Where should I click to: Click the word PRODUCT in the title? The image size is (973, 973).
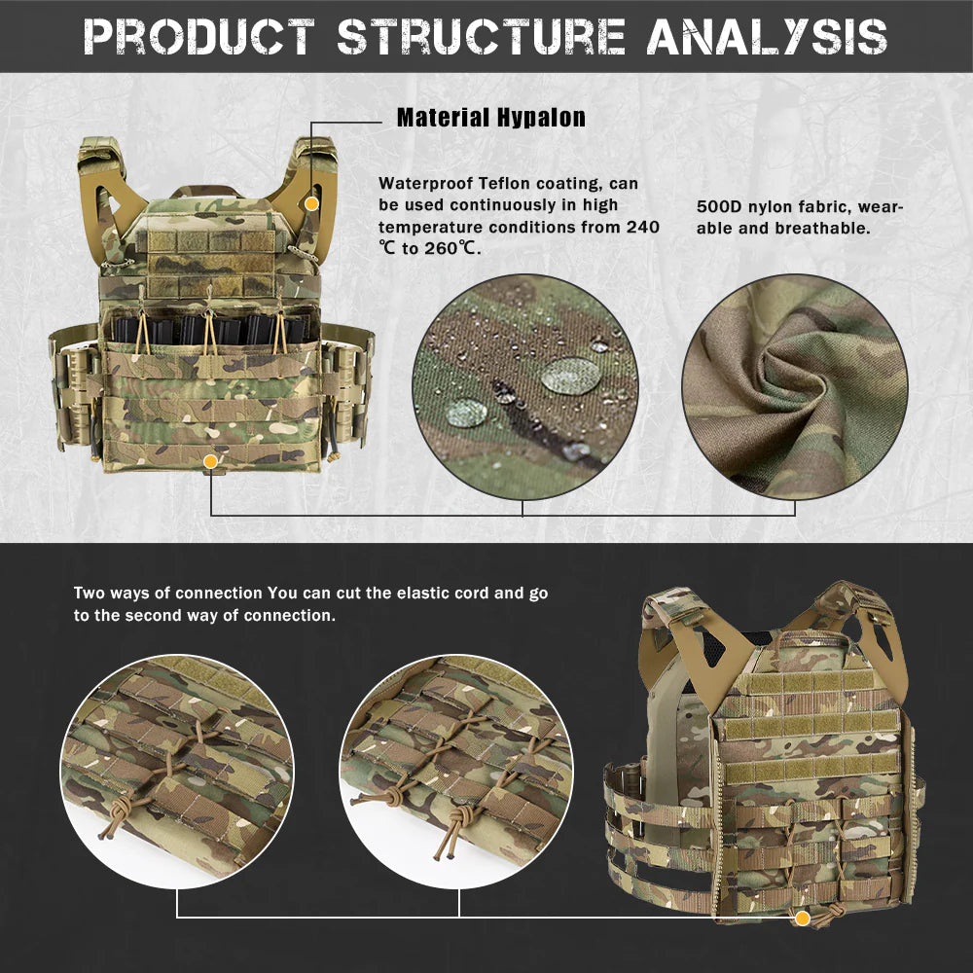[x=200, y=37]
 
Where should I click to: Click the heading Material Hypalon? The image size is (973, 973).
[x=491, y=119]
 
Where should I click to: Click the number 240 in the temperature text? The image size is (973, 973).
[x=642, y=227]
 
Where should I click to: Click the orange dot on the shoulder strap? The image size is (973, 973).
[x=311, y=203]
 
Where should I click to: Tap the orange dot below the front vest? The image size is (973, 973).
[x=212, y=461]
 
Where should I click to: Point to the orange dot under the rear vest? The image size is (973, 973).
[x=802, y=919]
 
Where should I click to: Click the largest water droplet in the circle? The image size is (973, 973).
[x=570, y=376]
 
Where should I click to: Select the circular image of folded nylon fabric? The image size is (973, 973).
[x=795, y=387]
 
